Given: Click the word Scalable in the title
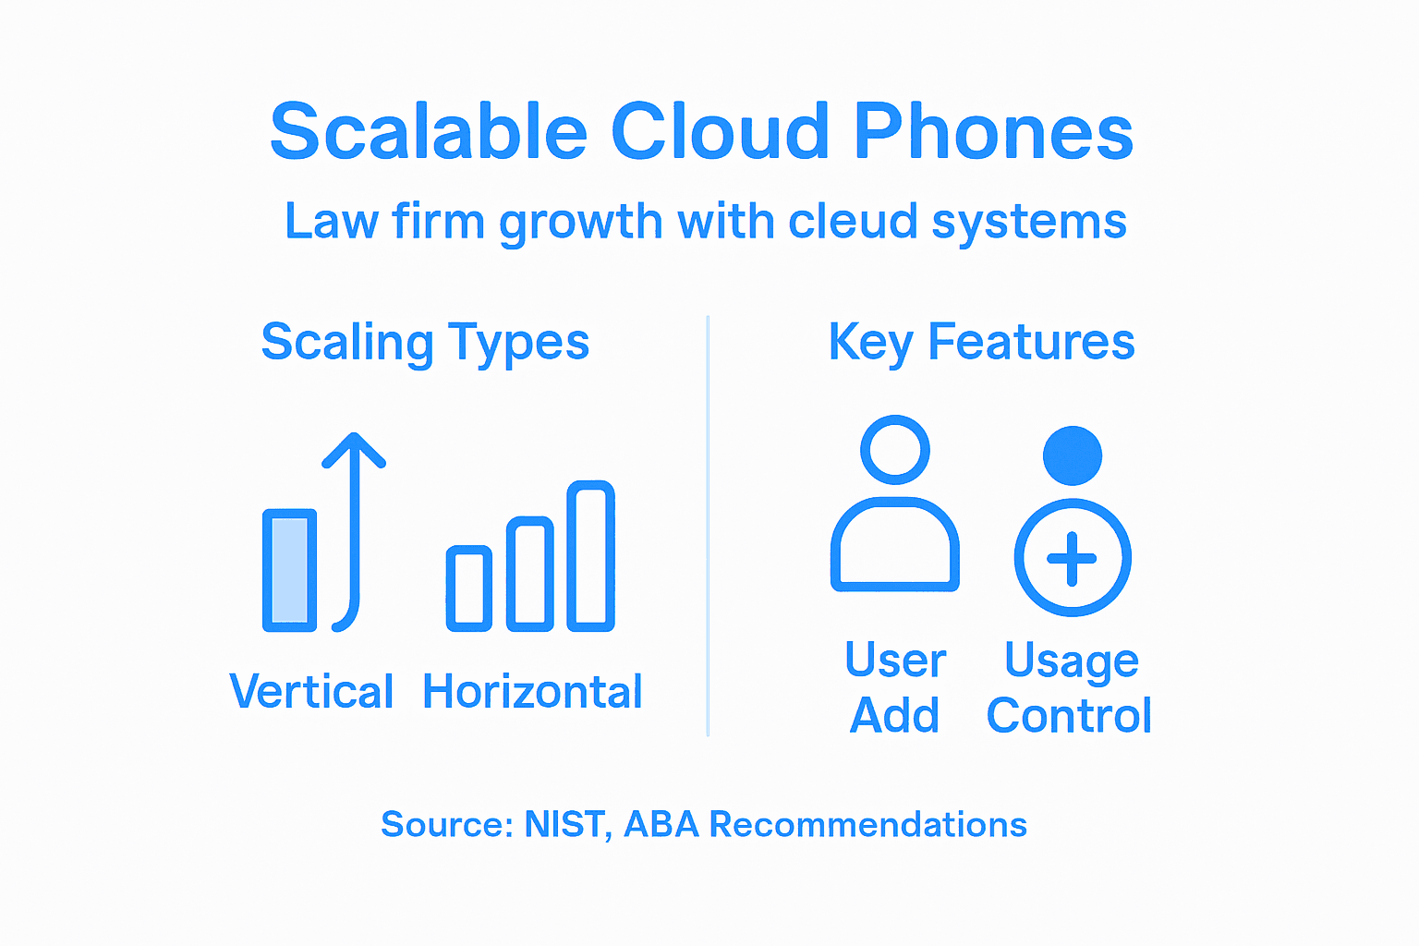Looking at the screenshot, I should [x=429, y=132].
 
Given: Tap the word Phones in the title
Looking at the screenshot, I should [x=993, y=132].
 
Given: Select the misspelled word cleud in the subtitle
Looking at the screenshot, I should [x=853, y=222].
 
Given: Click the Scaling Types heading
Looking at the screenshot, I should [x=425, y=343].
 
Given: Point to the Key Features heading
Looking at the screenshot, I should [x=981, y=343].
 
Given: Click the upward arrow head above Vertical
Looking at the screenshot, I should [x=354, y=450].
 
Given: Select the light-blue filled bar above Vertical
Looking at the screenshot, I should [x=289, y=570].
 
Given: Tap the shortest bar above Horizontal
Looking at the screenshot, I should [x=468, y=588].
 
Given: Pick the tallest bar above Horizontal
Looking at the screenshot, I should [x=590, y=555].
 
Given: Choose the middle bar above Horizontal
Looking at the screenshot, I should [x=530, y=574].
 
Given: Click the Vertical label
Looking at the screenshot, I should [x=311, y=692].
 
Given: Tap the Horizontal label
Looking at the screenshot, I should [x=532, y=692].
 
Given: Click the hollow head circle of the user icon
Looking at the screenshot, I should [x=894, y=450].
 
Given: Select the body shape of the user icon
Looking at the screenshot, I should [x=894, y=547].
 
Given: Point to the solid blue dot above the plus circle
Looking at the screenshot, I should [x=1072, y=455].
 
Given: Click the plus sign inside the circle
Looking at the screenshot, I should [x=1072, y=558].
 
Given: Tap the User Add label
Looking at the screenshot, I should [x=894, y=688].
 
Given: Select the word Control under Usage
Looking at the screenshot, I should [x=1069, y=716].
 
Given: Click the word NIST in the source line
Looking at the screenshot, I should [x=564, y=824].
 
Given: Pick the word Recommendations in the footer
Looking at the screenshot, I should [x=867, y=824].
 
